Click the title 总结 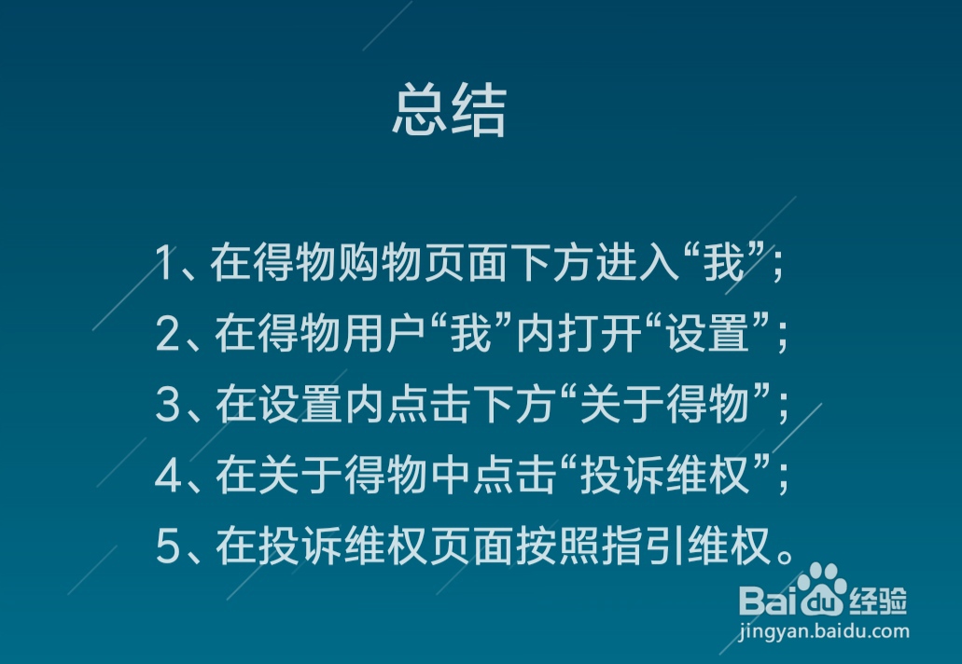[x=449, y=112]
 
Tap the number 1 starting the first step [x=165, y=264]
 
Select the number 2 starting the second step [x=166, y=333]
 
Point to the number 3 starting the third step [x=166, y=405]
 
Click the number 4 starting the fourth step [x=167, y=476]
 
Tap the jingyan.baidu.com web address [x=823, y=631]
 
